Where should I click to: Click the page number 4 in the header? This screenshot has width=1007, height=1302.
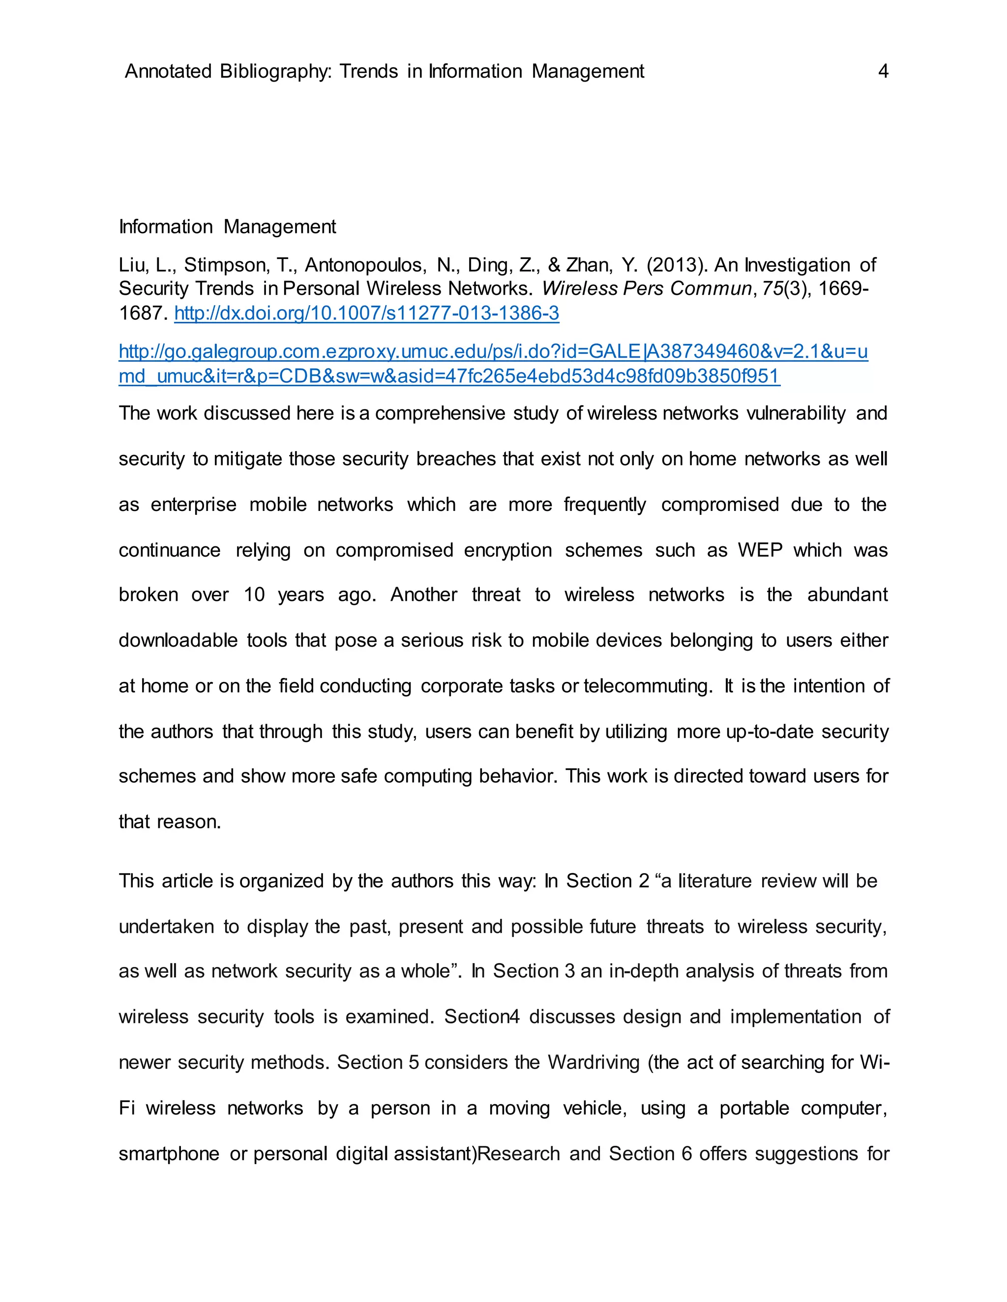(x=883, y=72)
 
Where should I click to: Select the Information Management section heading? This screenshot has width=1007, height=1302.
(x=227, y=227)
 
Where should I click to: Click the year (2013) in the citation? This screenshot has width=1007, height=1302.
(x=677, y=265)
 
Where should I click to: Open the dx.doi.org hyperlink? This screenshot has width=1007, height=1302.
(x=366, y=313)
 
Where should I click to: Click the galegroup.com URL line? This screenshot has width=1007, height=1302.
(x=493, y=352)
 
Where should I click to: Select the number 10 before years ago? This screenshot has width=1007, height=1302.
(x=254, y=595)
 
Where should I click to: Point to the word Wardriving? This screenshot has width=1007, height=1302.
(x=593, y=1062)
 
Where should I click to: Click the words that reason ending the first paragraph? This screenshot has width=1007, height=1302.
(x=170, y=822)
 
